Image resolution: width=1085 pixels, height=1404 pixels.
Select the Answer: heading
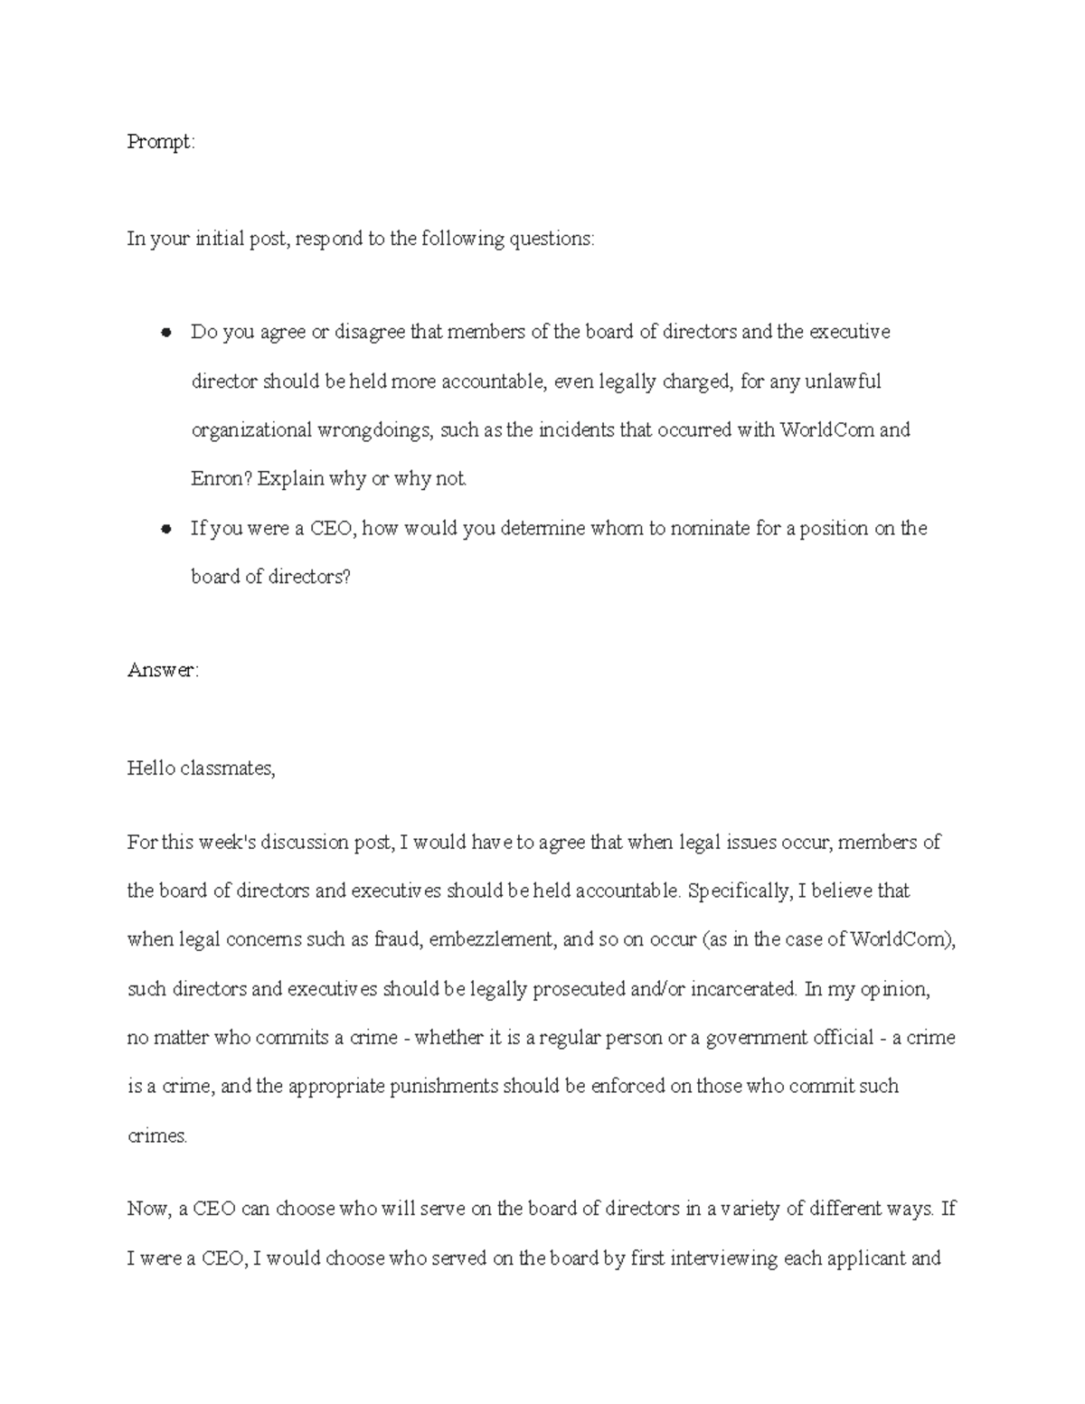click(x=162, y=670)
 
